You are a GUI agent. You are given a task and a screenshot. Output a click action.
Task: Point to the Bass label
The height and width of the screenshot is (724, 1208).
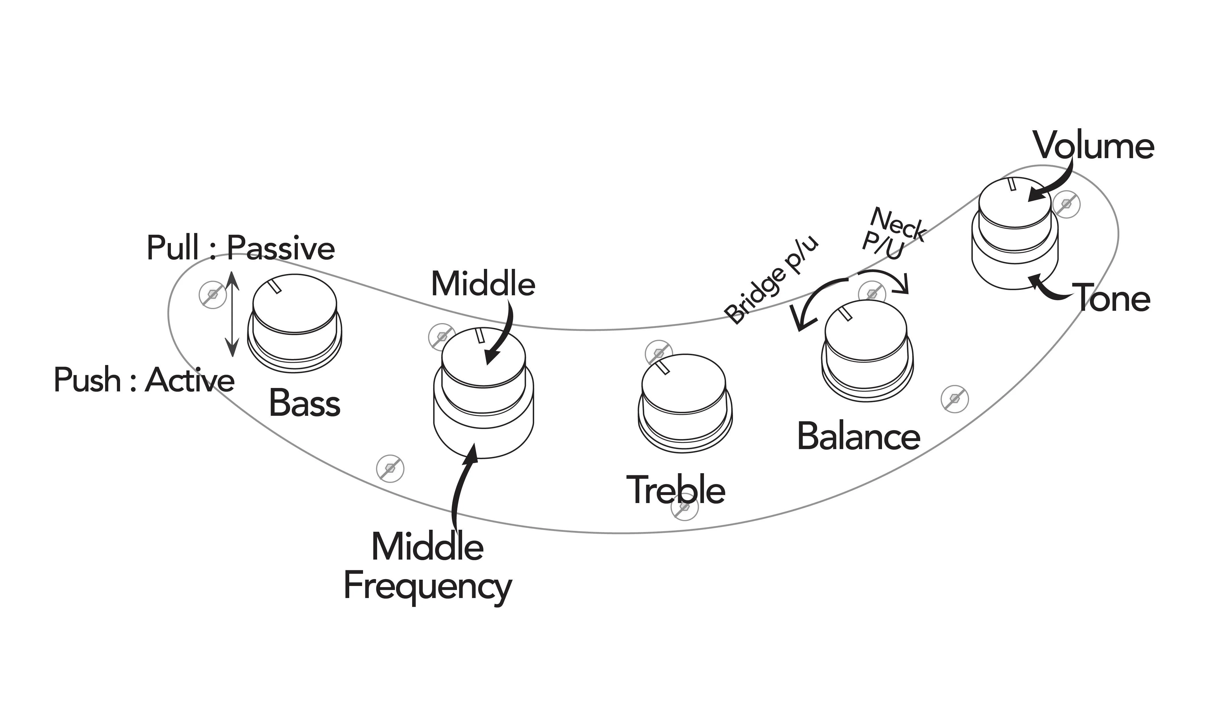[304, 403]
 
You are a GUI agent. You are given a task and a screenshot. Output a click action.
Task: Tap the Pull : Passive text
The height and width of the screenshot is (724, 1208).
[241, 248]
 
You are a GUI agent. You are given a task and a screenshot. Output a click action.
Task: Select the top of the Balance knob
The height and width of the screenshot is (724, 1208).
[866, 330]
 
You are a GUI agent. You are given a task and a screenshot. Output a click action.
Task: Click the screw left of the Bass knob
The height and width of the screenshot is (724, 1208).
[213, 294]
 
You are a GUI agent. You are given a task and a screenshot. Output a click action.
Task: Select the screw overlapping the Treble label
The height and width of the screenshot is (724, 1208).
[685, 507]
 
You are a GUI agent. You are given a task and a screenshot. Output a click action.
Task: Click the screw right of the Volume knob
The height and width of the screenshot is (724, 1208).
[1066, 204]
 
